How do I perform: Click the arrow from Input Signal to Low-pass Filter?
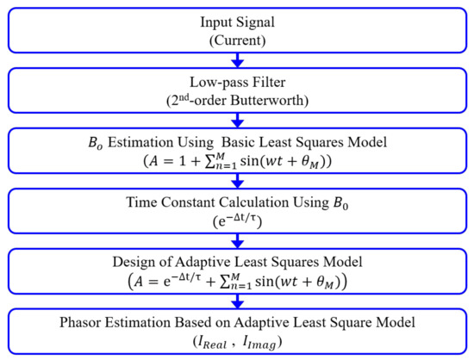(x=236, y=60)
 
